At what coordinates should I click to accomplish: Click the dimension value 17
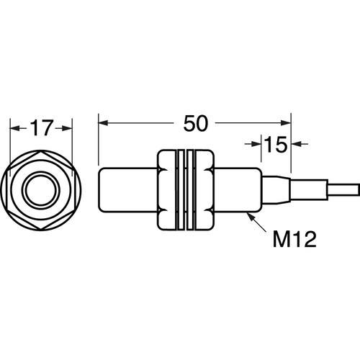click(x=41, y=128)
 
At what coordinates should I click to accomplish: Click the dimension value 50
click(x=195, y=123)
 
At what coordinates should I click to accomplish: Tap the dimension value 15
click(x=276, y=144)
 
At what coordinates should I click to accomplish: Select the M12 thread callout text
click(x=294, y=239)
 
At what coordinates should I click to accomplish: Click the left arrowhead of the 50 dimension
click(x=103, y=123)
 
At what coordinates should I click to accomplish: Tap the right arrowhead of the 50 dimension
click(x=286, y=123)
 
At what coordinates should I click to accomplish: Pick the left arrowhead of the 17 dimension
click(x=14, y=128)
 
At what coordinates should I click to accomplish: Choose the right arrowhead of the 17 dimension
click(x=67, y=128)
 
